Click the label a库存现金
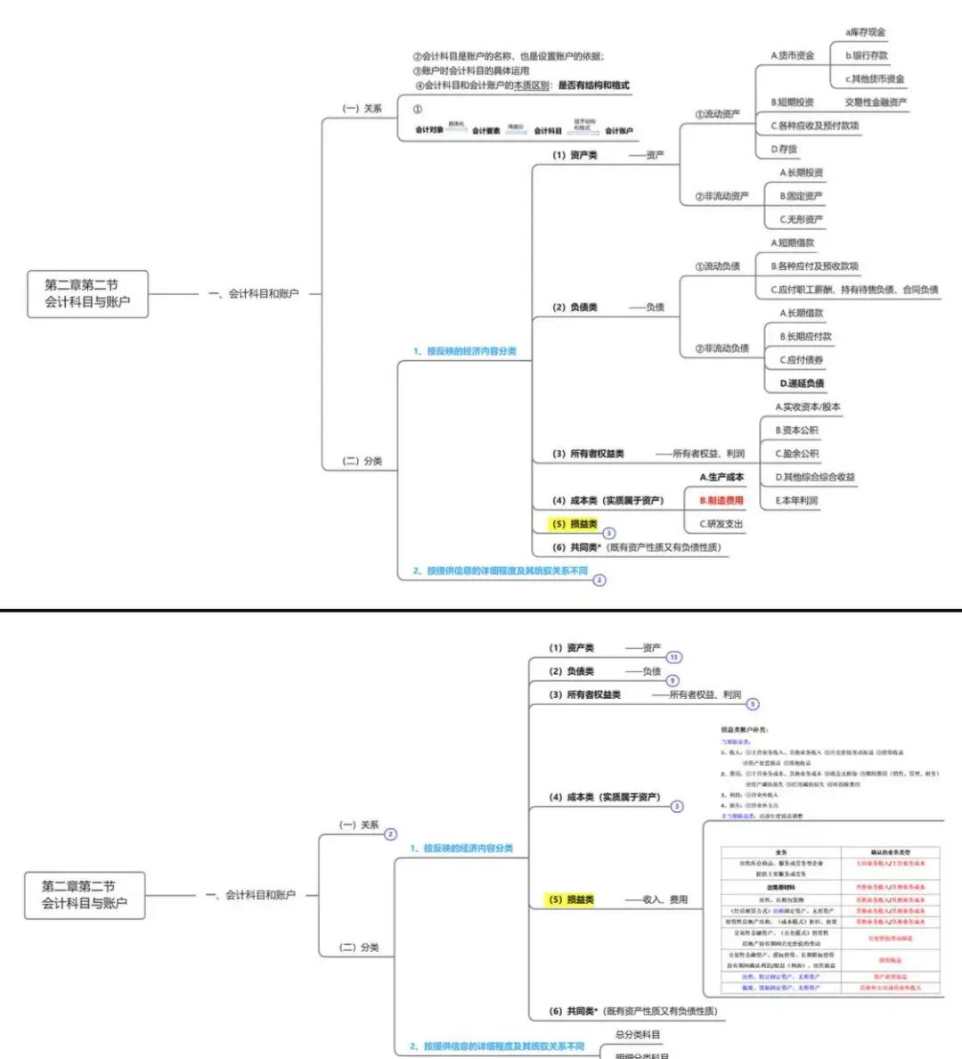pos(865,32)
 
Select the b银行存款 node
pos(866,55)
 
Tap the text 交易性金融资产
pos(876,103)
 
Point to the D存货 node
pos(784,149)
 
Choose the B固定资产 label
pos(801,196)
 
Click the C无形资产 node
pos(801,219)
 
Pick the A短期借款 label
pos(792,242)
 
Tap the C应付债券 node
pos(801,360)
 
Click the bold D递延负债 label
pos(802,383)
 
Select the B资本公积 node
pos(796,431)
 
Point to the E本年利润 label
pos(796,501)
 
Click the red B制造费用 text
pos(721,501)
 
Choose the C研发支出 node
pos(721,524)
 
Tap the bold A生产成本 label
pos(721,478)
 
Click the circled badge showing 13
pos(674,658)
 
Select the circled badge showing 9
pos(673,681)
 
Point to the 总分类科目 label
pos(638,1035)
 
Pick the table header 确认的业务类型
pos(890,852)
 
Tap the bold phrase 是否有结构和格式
pos(593,86)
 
